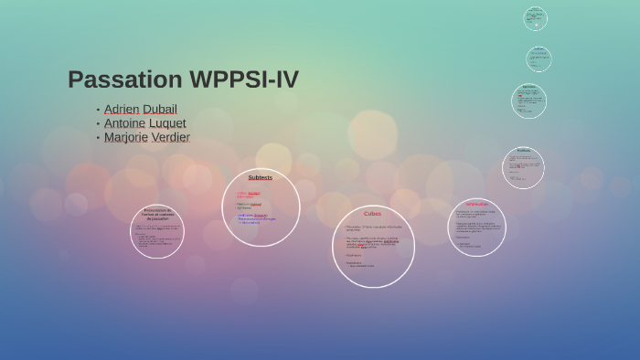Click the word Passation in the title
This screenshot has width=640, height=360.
[124, 79]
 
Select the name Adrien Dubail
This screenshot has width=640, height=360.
[140, 110]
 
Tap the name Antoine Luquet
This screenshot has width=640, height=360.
[144, 123]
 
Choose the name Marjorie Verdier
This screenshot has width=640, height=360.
[146, 137]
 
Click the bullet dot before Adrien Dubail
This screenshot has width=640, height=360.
[98, 110]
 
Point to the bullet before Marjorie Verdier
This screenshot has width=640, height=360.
[98, 138]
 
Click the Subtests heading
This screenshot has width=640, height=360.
[261, 177]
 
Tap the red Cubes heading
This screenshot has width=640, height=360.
[373, 214]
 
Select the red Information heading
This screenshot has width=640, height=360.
[476, 204]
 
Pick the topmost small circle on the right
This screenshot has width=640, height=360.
[536, 18]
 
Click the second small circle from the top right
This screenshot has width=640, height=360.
[539, 58]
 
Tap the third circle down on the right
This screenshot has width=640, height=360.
[528, 101]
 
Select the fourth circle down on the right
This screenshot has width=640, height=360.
[523, 167]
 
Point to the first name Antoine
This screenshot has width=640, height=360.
[124, 123]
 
